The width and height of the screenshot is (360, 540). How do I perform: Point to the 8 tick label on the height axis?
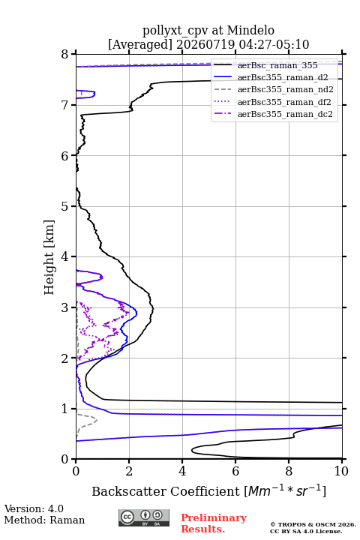pyautogui.click(x=65, y=54)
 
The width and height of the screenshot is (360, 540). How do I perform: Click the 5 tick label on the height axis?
pyautogui.click(x=65, y=206)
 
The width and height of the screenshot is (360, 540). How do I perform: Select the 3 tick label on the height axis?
pyautogui.click(x=65, y=307)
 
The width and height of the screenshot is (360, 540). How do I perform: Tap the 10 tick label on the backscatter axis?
pyautogui.click(x=341, y=471)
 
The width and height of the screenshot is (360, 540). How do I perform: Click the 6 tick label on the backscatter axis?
pyautogui.click(x=235, y=471)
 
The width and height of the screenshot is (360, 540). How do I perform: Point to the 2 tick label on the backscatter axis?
pyautogui.click(x=129, y=471)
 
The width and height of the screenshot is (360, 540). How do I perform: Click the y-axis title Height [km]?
pyautogui.click(x=49, y=257)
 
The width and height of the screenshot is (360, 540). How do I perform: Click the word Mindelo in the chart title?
pyautogui.click(x=250, y=30)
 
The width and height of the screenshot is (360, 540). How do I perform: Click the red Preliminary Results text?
pyautogui.click(x=214, y=523)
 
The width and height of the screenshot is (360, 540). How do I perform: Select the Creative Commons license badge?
pyautogui.click(x=144, y=517)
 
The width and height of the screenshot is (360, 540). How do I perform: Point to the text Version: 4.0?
pyautogui.click(x=34, y=508)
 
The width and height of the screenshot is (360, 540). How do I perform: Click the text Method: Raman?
pyautogui.click(x=44, y=520)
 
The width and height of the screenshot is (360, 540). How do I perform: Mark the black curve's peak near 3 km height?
pyautogui.click(x=153, y=309)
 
